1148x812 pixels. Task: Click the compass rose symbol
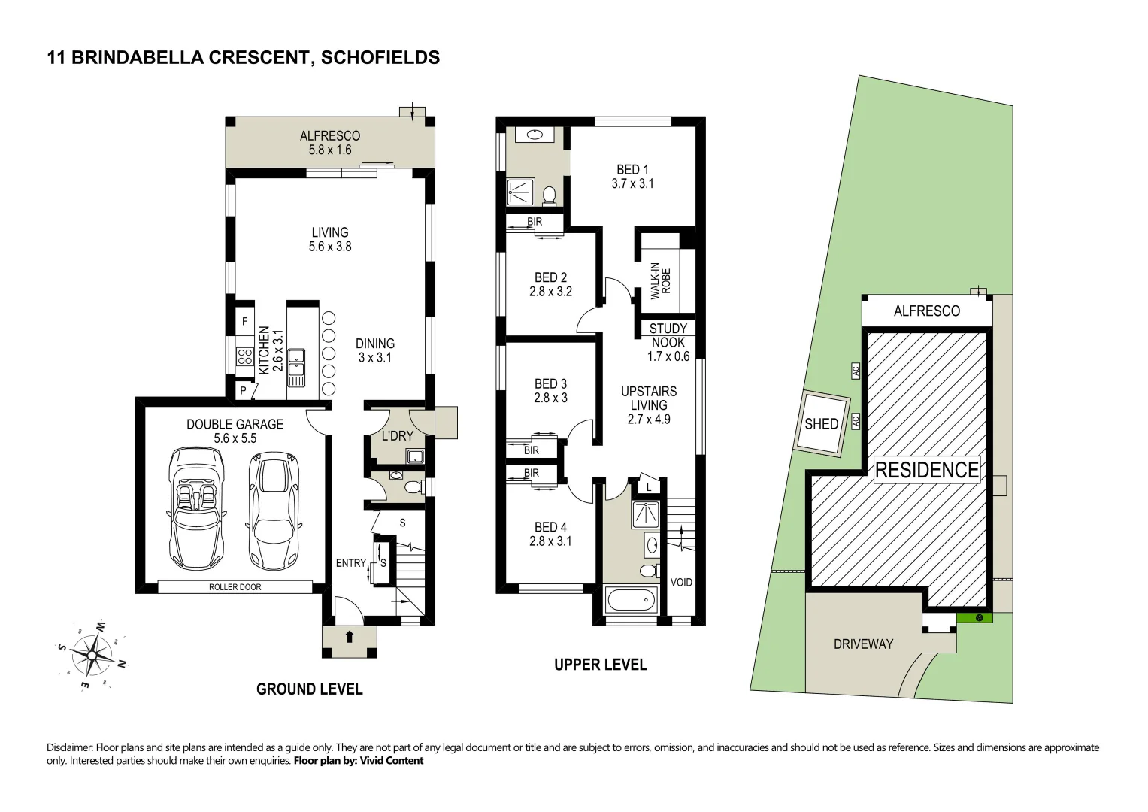[91, 655]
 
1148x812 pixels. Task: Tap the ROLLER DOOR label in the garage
[235, 587]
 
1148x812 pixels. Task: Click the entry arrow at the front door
[350, 637]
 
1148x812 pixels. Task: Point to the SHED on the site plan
[822, 424]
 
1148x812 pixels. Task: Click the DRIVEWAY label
[863, 644]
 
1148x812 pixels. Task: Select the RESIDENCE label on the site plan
[926, 470]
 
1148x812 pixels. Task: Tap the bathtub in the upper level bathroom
[630, 601]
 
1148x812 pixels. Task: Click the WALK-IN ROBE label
[660, 281]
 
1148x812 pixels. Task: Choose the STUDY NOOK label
[668, 335]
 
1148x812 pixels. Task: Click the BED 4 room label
[550, 534]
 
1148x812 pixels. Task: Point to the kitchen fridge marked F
[244, 322]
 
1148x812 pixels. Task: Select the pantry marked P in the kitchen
[243, 391]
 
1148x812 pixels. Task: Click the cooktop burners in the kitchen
[244, 356]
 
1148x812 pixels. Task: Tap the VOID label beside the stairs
[681, 583]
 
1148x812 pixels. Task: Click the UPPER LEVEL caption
[600, 665]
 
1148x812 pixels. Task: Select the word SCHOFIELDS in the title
[380, 58]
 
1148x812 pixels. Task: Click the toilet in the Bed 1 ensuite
[549, 195]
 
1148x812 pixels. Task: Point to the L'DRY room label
[397, 436]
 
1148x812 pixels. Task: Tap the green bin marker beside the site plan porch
[978, 618]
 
